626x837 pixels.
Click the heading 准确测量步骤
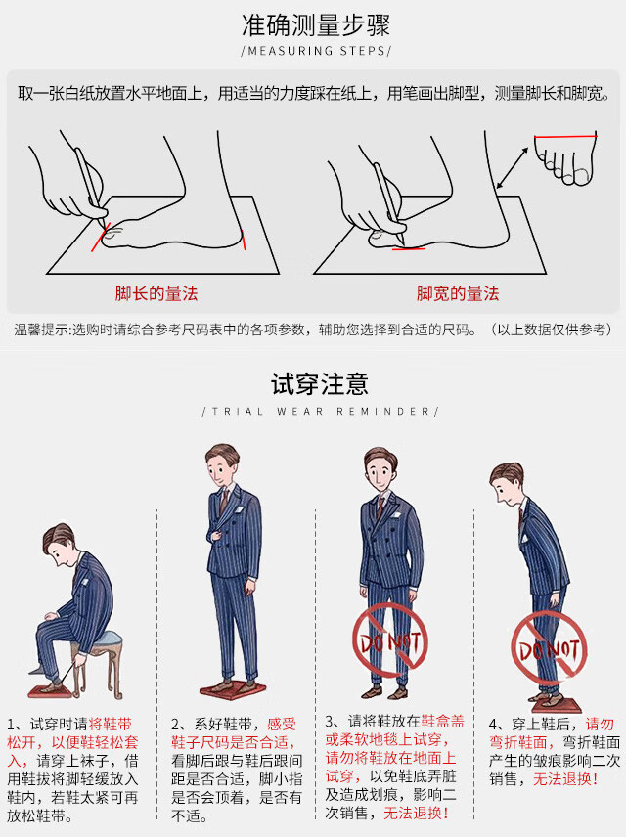pyautogui.click(x=316, y=25)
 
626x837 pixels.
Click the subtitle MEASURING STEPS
pyautogui.click(x=316, y=51)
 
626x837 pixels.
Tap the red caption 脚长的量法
pyautogui.click(x=156, y=293)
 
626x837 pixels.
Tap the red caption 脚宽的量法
pyautogui.click(x=458, y=293)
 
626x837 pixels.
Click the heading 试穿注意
pyautogui.click(x=320, y=384)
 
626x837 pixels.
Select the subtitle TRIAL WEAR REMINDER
pyautogui.click(x=321, y=412)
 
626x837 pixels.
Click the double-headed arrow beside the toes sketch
pyautogui.click(x=513, y=168)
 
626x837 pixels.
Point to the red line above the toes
pyautogui.click(x=565, y=137)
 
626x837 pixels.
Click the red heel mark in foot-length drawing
pyautogui.click(x=244, y=240)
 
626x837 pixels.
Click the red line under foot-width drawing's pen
pyautogui.click(x=409, y=248)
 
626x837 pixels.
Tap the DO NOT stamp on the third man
pyautogui.click(x=390, y=640)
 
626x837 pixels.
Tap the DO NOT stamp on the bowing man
pyautogui.click(x=549, y=648)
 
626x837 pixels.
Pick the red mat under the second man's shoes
pyautogui.click(x=233, y=688)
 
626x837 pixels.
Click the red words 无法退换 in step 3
pyautogui.click(x=416, y=813)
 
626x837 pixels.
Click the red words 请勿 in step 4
pyautogui.click(x=600, y=725)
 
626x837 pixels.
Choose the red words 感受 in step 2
pyautogui.click(x=282, y=725)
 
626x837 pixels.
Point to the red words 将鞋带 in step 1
pyautogui.click(x=110, y=725)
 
